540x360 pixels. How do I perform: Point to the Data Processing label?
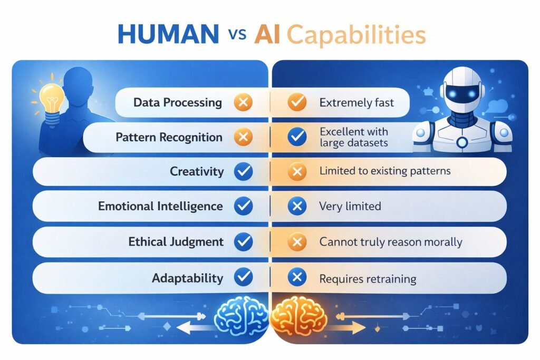(x=178, y=102)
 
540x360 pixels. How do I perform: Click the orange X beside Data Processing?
(x=243, y=102)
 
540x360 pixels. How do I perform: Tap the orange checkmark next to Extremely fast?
(x=297, y=102)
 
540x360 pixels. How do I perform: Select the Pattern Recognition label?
(x=169, y=138)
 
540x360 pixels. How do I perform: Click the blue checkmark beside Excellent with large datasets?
(x=297, y=138)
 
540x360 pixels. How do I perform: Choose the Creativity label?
(x=197, y=172)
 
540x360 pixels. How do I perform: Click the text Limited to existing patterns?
(x=385, y=172)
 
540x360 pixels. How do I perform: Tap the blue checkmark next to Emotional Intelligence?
(x=243, y=206)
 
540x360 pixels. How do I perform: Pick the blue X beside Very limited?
(x=297, y=206)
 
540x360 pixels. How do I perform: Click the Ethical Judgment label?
(x=176, y=242)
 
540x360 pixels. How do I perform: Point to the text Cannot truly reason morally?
(x=391, y=242)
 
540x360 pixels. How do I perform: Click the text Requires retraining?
(x=368, y=278)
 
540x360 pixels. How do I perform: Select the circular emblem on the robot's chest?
(x=462, y=142)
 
